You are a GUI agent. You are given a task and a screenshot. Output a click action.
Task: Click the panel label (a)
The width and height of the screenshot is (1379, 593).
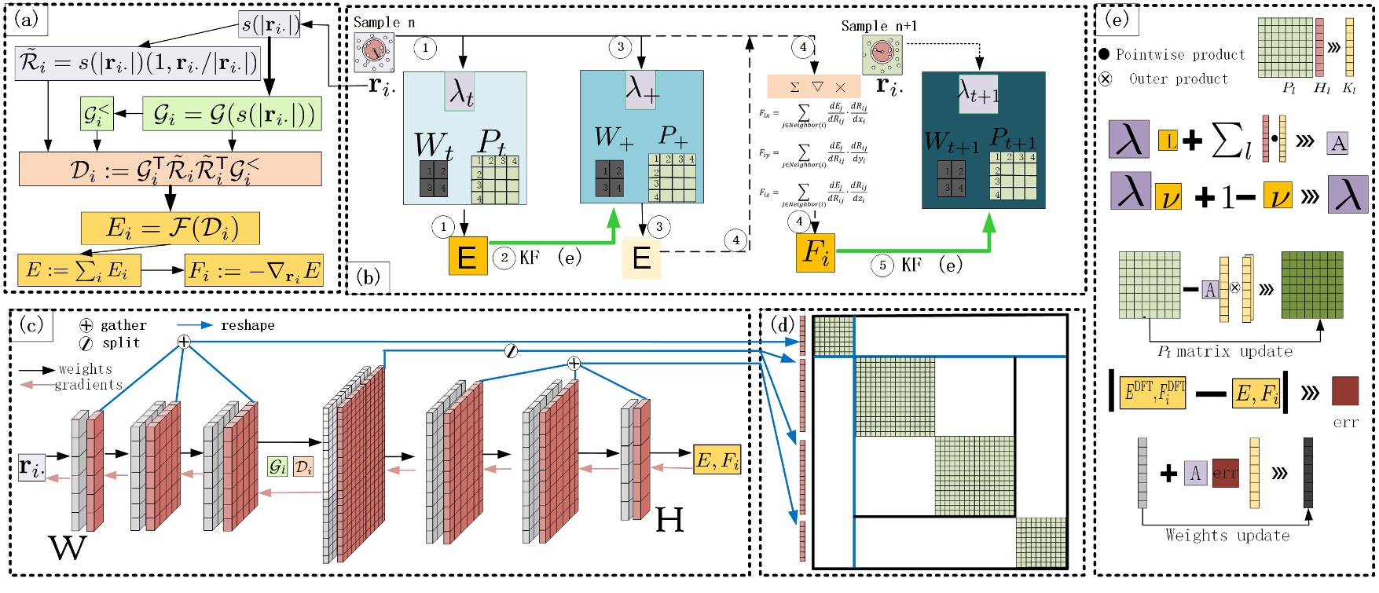[x=26, y=20]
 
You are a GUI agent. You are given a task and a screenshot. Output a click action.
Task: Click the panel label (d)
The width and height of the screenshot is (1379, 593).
[x=783, y=324]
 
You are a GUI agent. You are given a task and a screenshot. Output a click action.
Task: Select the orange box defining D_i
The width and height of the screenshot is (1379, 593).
[x=170, y=169]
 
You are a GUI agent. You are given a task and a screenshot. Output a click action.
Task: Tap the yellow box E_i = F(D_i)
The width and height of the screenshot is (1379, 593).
[x=170, y=228]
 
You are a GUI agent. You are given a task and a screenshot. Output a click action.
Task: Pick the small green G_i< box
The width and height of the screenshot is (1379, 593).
[x=97, y=114]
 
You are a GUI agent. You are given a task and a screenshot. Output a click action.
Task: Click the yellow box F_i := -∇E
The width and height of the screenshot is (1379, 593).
[x=254, y=270]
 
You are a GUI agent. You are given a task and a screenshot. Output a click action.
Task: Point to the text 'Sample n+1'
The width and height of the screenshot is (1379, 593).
[x=878, y=26]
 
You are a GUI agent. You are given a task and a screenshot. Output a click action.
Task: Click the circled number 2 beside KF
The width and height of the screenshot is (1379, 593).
[x=504, y=258]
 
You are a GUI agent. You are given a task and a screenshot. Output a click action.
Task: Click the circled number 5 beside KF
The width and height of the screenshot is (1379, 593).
[x=882, y=265]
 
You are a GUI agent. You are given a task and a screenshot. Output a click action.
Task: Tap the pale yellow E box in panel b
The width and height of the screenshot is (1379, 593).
[x=641, y=258]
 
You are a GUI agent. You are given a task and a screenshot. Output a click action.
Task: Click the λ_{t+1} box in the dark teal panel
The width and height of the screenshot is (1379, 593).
[x=978, y=93]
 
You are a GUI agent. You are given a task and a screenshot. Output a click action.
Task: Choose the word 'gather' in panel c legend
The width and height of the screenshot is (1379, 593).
[x=123, y=325]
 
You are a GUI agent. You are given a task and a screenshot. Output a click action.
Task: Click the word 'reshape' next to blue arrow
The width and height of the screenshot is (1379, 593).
[x=248, y=325]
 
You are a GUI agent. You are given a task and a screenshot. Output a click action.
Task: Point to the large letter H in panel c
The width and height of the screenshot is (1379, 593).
[x=669, y=519]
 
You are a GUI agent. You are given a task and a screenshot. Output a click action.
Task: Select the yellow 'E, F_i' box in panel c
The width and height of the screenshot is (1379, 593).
[x=717, y=460]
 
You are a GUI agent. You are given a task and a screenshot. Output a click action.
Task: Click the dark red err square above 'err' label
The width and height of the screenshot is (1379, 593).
[x=1345, y=391]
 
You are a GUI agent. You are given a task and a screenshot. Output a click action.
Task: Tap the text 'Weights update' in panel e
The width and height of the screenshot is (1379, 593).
[x=1227, y=536]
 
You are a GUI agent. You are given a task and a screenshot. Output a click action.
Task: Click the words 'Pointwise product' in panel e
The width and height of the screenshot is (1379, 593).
[x=1180, y=55]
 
